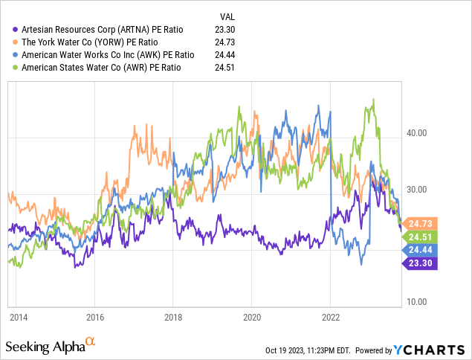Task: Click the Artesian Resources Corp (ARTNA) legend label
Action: click(103, 29)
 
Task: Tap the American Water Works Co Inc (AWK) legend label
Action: click(109, 55)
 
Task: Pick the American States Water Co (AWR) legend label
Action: click(103, 68)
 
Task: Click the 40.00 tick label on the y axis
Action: click(418, 133)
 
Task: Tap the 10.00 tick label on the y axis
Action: click(418, 302)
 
